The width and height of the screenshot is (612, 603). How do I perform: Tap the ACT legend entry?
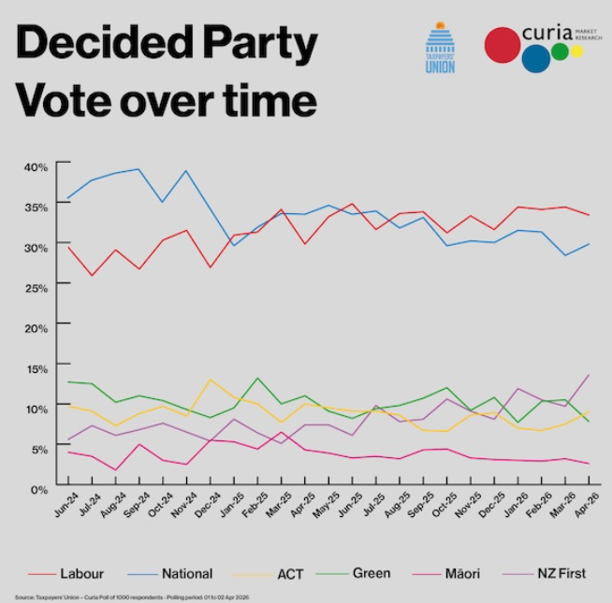[277, 573]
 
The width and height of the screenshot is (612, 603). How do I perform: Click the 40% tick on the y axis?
[36, 166]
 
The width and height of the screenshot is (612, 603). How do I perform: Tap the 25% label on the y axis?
[36, 287]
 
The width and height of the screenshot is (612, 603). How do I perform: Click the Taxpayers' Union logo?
[440, 49]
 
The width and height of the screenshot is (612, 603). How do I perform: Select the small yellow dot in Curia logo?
[576, 50]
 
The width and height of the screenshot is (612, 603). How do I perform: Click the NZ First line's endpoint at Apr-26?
[588, 375]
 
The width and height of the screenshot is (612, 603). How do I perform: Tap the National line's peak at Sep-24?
[139, 169]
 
